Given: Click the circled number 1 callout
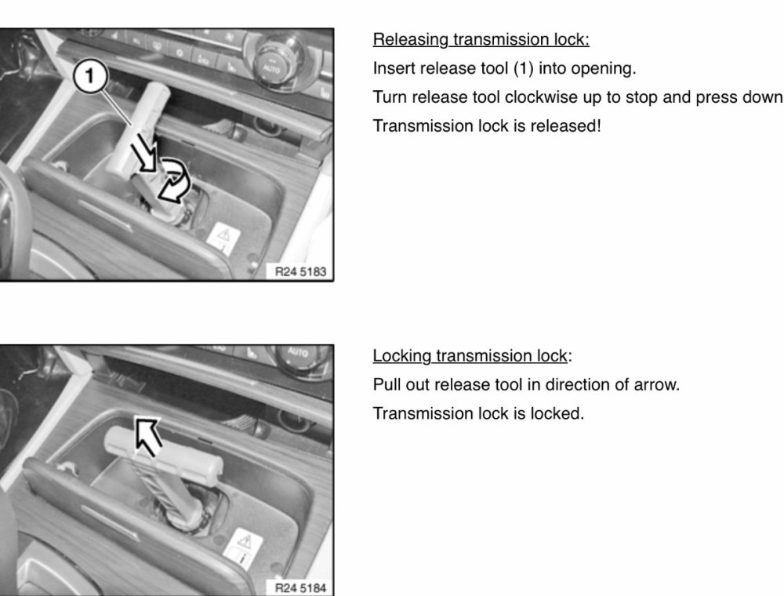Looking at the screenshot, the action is [90, 76].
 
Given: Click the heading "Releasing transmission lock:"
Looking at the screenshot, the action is [481, 39].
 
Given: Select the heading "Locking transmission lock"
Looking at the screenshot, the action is [470, 355].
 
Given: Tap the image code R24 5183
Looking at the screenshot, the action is [300, 271].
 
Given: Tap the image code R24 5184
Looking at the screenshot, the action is [300, 588].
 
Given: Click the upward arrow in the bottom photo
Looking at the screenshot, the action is [148, 436].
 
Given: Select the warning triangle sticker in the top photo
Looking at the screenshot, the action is [223, 238].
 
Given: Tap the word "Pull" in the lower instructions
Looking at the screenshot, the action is [387, 385].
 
